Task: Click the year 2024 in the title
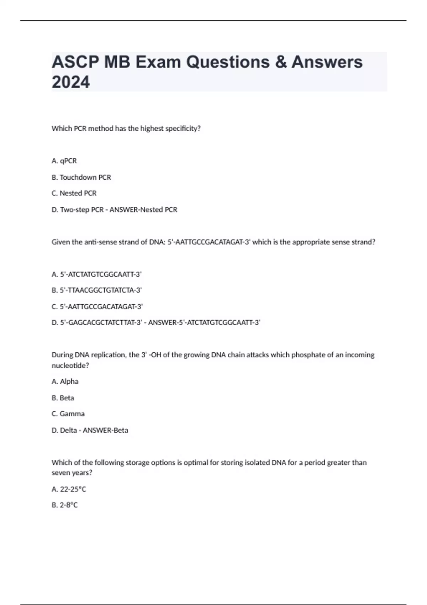71,82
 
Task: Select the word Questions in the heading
228,62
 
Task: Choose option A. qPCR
64,161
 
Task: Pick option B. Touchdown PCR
81,177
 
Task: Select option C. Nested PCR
74,193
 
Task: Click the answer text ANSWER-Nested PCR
143,210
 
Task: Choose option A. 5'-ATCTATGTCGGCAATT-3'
96,274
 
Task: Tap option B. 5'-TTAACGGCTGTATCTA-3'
96,290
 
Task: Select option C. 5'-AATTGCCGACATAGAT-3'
97,306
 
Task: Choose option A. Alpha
65,382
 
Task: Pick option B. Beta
63,398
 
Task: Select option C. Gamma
68,414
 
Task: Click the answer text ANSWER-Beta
105,430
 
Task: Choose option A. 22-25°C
69,489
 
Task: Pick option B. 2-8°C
64,505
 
